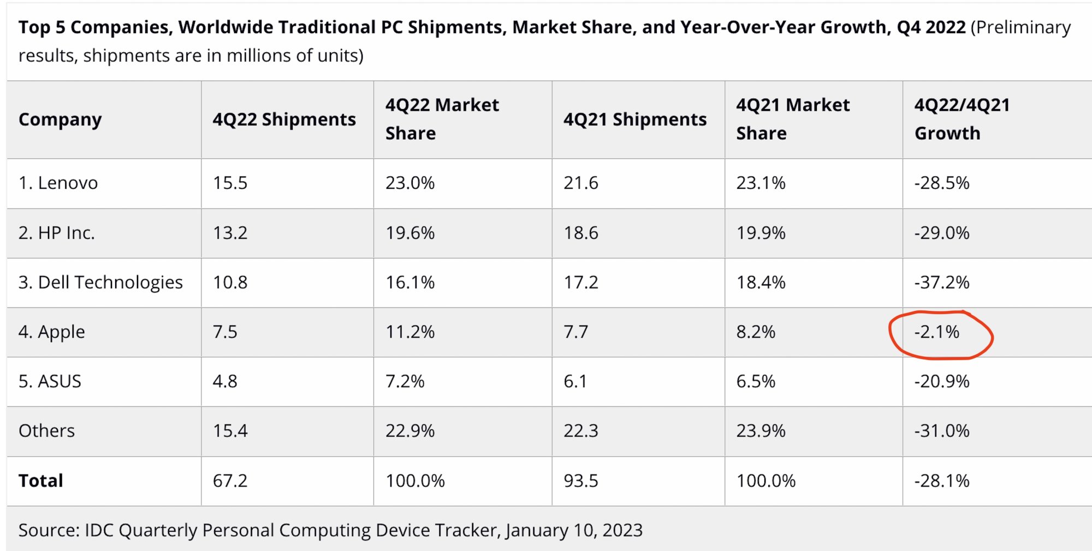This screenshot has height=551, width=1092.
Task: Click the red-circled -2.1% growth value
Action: pyautogui.click(x=937, y=332)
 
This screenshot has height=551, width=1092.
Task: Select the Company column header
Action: pyautogui.click(x=60, y=119)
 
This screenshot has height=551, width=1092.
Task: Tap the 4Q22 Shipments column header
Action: pyautogui.click(x=284, y=119)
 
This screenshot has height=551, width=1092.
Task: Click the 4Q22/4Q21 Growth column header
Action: pyautogui.click(x=962, y=119)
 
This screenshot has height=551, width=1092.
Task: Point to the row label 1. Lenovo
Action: pyautogui.click(x=58, y=183)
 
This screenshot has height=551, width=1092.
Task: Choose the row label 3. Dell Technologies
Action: pyautogui.click(x=100, y=282)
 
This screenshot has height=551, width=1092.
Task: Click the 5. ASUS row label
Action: pyautogui.click(x=50, y=381)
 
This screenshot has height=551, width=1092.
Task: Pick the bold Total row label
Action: pyautogui.click(x=41, y=481)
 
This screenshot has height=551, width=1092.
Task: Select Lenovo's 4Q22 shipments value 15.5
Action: pyautogui.click(x=230, y=183)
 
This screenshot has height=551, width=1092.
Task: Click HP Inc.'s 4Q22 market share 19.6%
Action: pyautogui.click(x=410, y=233)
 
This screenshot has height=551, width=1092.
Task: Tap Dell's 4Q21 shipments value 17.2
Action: pyautogui.click(x=581, y=282)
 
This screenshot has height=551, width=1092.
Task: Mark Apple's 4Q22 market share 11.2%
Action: pyautogui.click(x=410, y=332)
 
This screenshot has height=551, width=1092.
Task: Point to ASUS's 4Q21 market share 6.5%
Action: pyautogui.click(x=756, y=381)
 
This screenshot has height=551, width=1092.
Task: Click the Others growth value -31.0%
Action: pyautogui.click(x=942, y=430)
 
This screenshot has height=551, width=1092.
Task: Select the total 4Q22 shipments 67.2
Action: pyautogui.click(x=230, y=481)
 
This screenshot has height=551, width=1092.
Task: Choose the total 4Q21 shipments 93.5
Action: pyautogui.click(x=581, y=481)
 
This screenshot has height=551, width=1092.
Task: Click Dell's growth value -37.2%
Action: pyautogui.click(x=942, y=282)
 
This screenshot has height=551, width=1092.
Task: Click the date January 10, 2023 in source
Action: pyautogui.click(x=574, y=530)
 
